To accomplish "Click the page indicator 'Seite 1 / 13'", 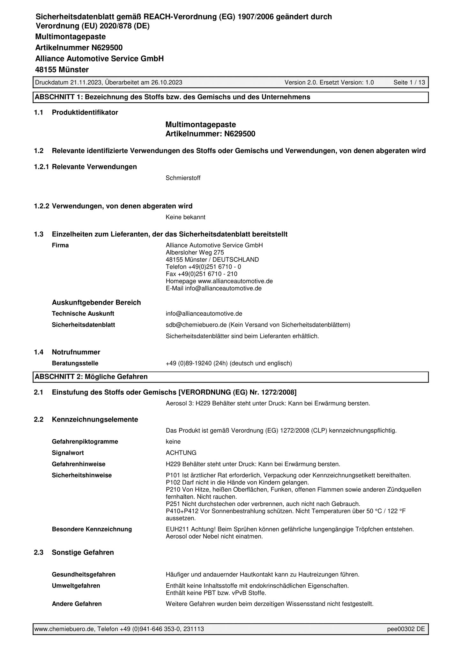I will coord(409,83).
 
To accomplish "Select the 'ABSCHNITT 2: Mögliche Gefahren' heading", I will coord(91,377).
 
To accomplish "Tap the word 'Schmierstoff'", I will coord(183,178).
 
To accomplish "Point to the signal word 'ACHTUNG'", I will coord(181,453).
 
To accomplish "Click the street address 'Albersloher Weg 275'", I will coord(195,253).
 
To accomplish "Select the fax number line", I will coord(201,274).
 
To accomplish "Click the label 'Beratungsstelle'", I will coord(75,363).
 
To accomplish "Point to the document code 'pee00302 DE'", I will coord(406,629).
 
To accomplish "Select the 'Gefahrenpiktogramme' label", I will coord(85,442).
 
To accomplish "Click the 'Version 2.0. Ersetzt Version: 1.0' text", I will coord(329,83).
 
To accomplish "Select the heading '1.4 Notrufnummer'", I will coord(76,352).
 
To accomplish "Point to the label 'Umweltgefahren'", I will coord(76,586).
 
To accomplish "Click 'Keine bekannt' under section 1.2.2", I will coord(185,217).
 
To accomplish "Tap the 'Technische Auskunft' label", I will coord(83,314).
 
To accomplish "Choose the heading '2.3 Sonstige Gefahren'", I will coord(83,552).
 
